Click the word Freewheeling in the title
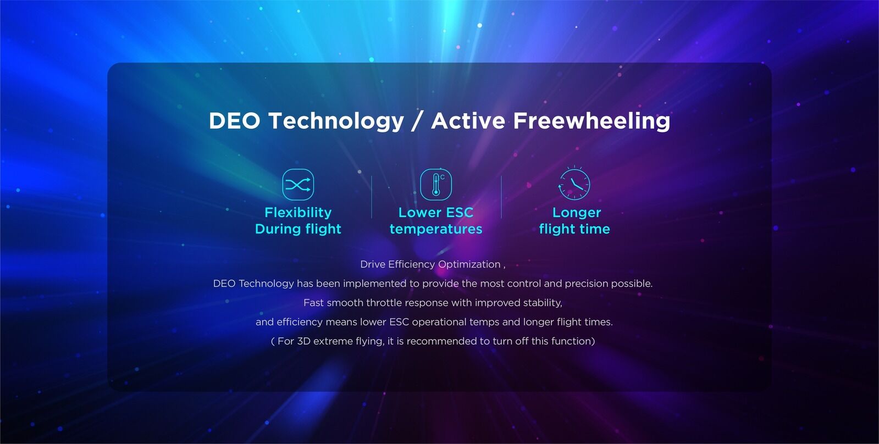coord(591,121)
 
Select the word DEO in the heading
coord(234,121)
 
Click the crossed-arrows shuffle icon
coord(298,184)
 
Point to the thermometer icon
coord(435,184)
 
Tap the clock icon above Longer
coord(574,184)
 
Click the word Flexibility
coord(298,213)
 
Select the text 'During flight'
coord(298,229)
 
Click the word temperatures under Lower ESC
coord(435,229)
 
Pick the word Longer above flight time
coord(577,213)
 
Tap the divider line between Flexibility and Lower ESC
coord(371,197)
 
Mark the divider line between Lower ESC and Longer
coord(501,197)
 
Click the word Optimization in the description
coord(469,265)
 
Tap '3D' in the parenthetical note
coord(303,341)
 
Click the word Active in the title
coord(468,121)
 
